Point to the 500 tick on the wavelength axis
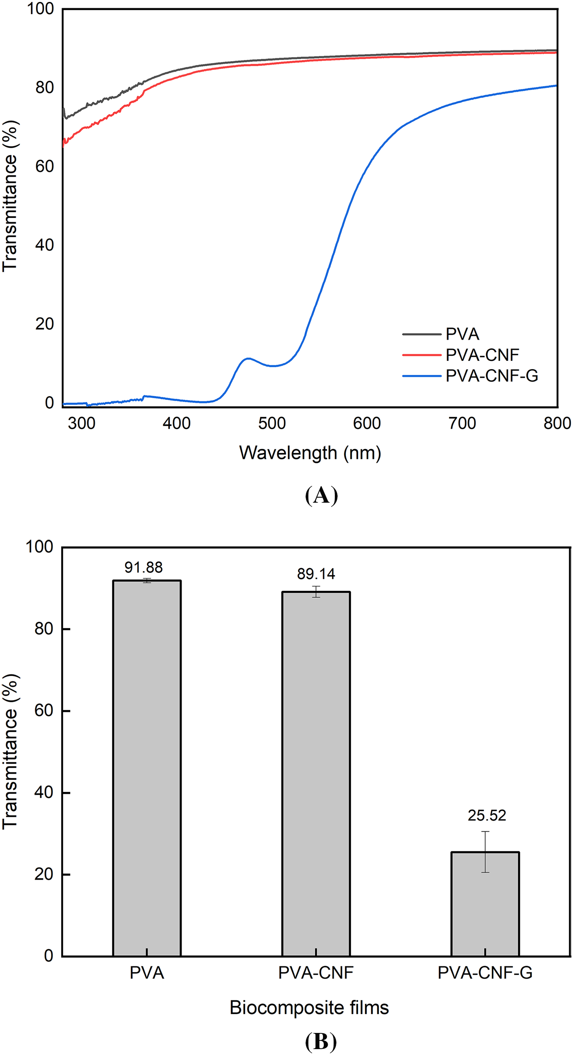(x=272, y=423)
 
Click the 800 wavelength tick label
(x=557, y=423)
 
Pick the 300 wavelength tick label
(x=82, y=423)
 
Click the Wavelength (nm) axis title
(x=310, y=453)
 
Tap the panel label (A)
(x=321, y=495)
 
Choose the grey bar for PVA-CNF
(x=315, y=778)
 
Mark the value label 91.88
(x=144, y=567)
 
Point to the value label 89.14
(x=316, y=574)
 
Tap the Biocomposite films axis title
(x=309, y=1007)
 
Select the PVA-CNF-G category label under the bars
(x=485, y=973)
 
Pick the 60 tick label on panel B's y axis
(x=44, y=711)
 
